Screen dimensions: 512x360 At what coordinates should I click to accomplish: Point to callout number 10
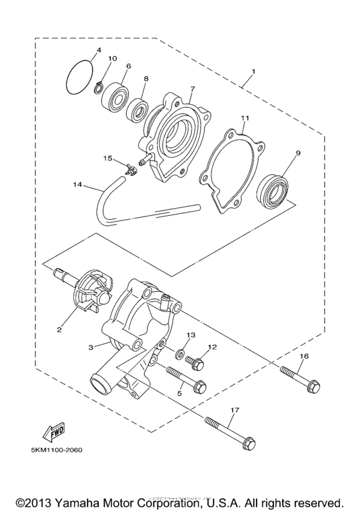(113, 59)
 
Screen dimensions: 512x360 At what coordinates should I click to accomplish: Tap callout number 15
(108, 157)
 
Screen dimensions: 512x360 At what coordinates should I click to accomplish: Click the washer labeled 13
(178, 355)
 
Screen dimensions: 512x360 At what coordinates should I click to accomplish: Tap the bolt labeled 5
(186, 380)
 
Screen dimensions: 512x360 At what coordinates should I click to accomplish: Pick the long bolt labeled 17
(231, 432)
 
